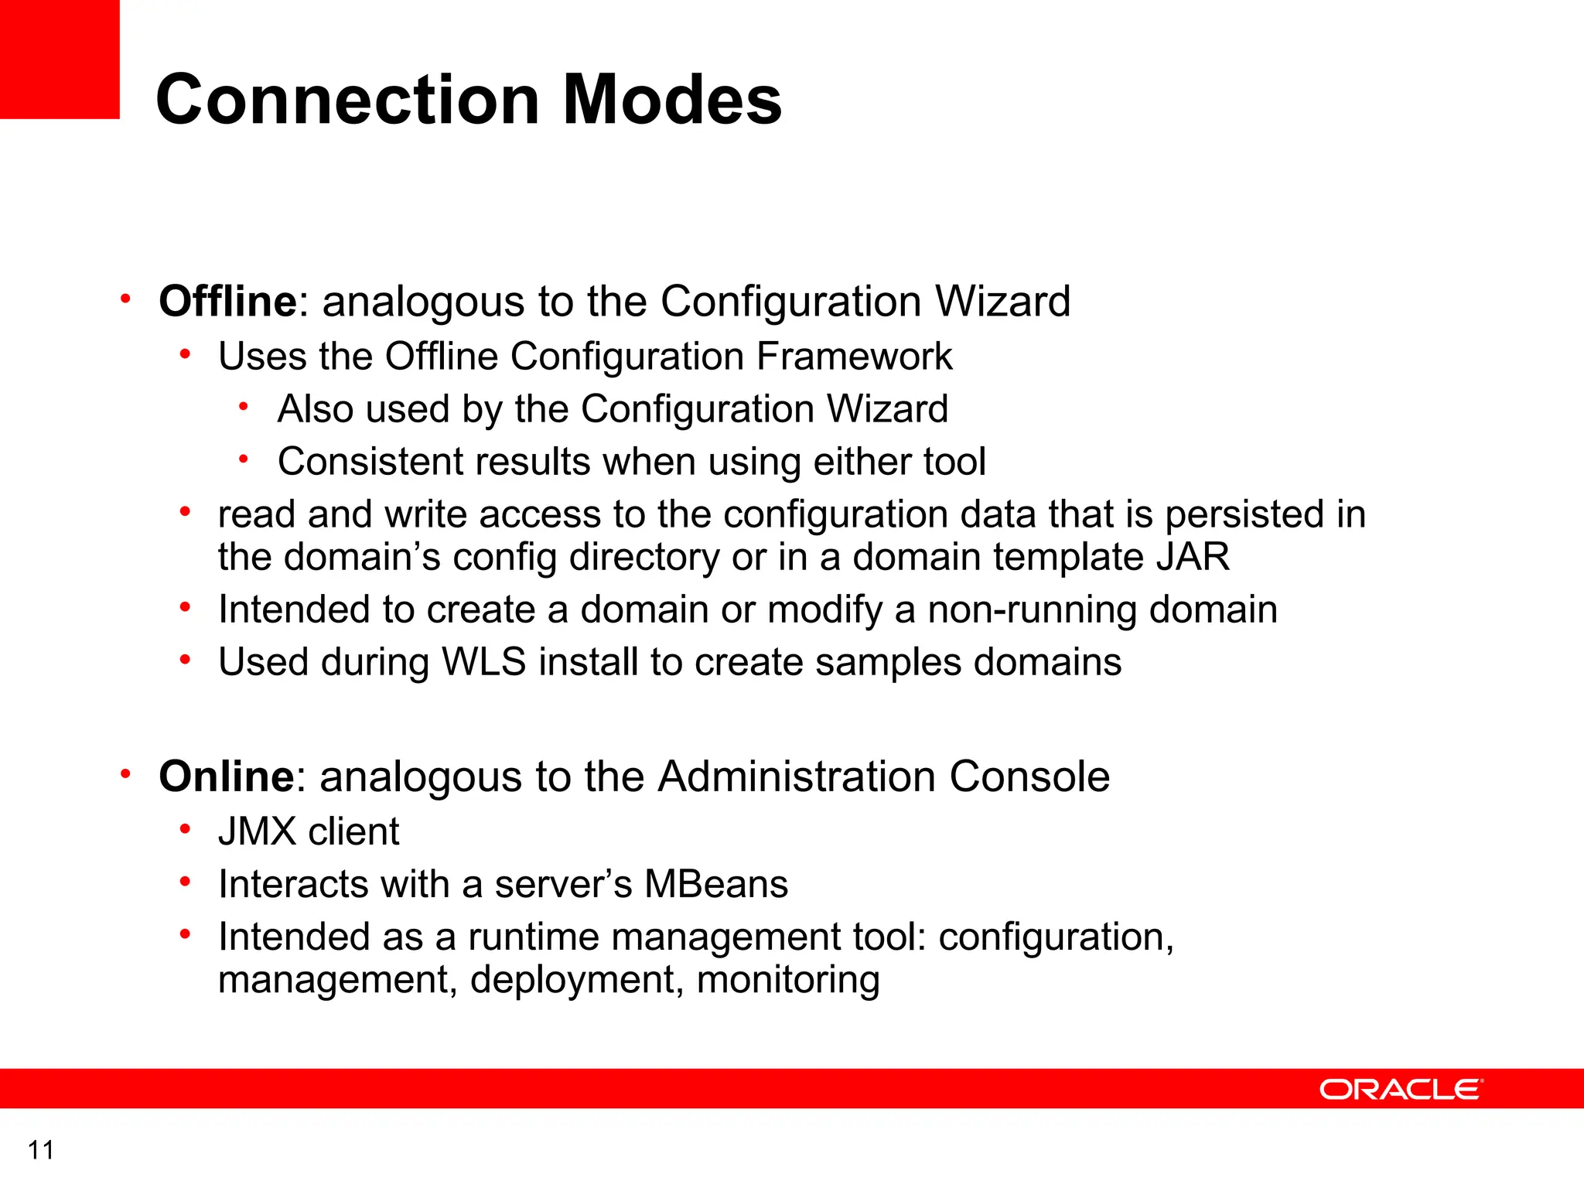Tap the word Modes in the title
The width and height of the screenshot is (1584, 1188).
pyautogui.click(x=672, y=100)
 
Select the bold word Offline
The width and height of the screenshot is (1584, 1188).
pyautogui.click(x=227, y=301)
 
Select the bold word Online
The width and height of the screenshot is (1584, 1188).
pyautogui.click(x=226, y=777)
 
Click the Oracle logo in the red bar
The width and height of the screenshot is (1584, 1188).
pyautogui.click(x=1400, y=1089)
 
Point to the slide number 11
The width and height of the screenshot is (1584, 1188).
pyautogui.click(x=40, y=1150)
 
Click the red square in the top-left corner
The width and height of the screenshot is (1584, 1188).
pyautogui.click(x=60, y=59)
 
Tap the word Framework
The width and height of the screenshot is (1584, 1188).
pyautogui.click(x=854, y=357)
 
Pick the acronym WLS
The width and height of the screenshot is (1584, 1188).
pyautogui.click(x=483, y=662)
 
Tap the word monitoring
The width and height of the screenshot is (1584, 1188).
pyautogui.click(x=788, y=980)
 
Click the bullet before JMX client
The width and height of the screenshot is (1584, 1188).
pyautogui.click(x=185, y=830)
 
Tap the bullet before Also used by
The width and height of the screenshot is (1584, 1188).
pyautogui.click(x=244, y=407)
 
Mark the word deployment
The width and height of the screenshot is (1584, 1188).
pyautogui.click(x=577, y=980)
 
